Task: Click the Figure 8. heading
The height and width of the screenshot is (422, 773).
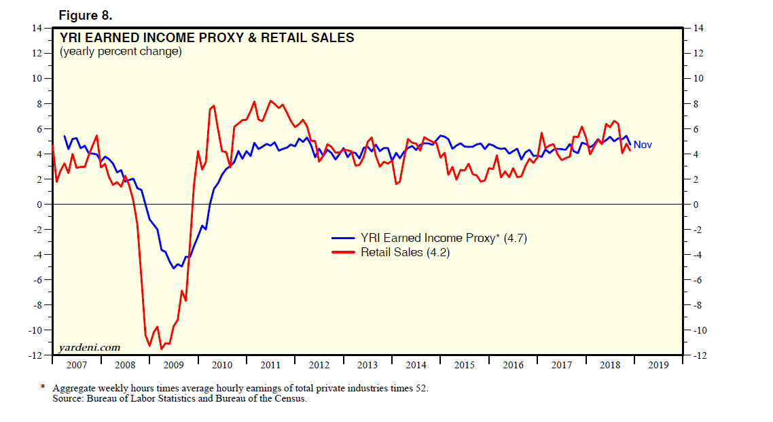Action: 85,14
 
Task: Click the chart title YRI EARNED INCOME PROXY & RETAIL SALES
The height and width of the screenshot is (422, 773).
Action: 207,38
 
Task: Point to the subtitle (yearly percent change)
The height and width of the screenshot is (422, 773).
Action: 121,52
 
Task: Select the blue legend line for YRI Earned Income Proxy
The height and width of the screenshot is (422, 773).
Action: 344,239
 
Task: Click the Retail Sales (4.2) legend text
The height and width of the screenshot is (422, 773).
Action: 406,252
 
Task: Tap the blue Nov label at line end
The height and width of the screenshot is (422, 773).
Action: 643,145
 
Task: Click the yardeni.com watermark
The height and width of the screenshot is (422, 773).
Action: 89,347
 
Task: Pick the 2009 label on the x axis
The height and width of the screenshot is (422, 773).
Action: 174,365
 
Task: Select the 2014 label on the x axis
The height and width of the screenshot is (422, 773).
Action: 416,365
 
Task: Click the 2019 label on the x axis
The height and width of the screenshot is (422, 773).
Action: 658,365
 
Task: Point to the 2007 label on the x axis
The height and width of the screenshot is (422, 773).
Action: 77,365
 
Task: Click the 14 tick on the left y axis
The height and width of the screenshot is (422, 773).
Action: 37,28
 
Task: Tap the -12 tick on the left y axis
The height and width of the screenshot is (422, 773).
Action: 35,355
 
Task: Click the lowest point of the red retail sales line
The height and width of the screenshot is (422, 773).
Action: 161,349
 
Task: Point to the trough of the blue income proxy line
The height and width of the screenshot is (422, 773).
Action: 173,268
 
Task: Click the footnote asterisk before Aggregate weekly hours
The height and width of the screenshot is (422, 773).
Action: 42,388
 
